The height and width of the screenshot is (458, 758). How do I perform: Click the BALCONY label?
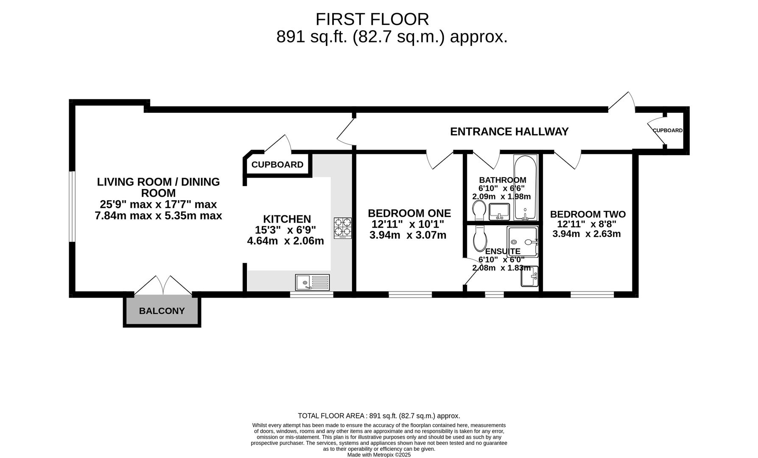(162, 311)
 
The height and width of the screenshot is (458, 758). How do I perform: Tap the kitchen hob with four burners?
(343, 228)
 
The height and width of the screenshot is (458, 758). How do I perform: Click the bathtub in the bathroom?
(526, 187)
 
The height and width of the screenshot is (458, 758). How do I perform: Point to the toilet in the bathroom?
(479, 210)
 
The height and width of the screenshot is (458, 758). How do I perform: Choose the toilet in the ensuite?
(480, 238)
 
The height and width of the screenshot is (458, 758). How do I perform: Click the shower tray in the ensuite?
(523, 242)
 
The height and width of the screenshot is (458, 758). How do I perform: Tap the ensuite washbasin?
(529, 276)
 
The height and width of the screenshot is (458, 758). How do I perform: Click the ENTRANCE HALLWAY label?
(509, 132)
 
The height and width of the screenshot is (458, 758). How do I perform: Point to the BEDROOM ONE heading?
(409, 213)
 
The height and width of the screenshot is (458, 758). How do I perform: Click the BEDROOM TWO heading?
(587, 215)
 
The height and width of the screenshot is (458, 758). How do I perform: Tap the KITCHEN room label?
(287, 219)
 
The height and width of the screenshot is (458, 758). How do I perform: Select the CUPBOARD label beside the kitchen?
(277, 165)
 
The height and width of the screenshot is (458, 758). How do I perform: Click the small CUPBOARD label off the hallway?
(668, 131)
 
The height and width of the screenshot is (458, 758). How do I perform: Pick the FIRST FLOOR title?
(372, 20)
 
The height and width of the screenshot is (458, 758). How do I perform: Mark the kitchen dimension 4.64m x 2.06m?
(285, 241)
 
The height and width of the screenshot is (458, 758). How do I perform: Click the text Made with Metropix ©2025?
(379, 455)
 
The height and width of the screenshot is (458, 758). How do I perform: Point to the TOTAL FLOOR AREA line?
(379, 416)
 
